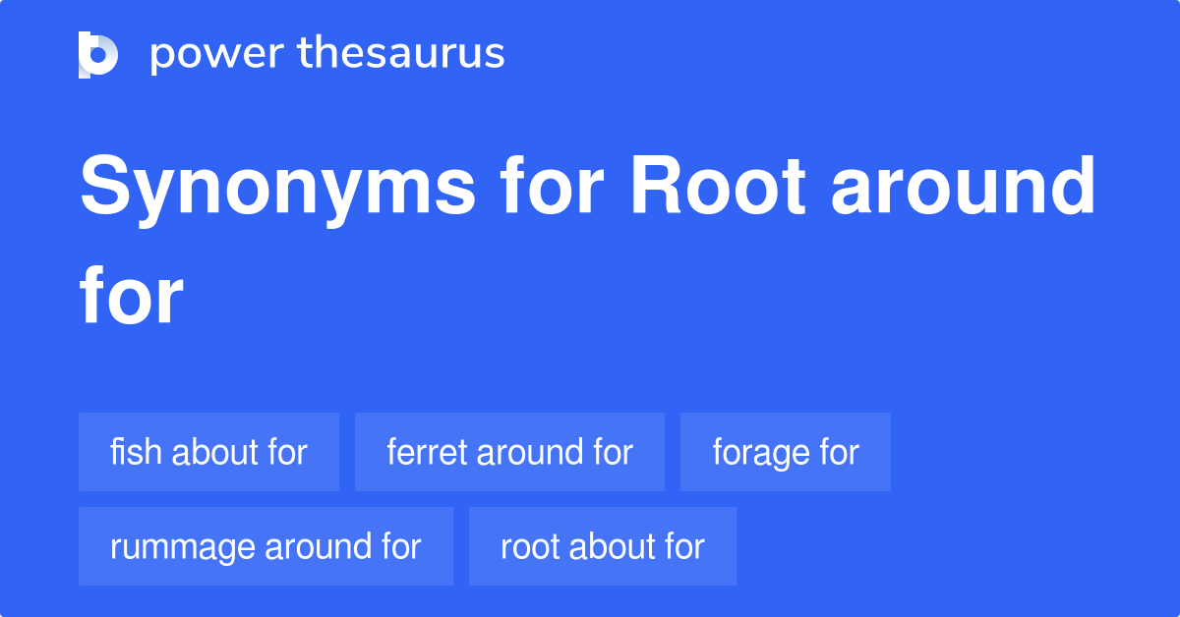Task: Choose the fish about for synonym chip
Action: click(208, 452)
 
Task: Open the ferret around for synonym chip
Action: click(509, 452)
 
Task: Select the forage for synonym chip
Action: click(785, 452)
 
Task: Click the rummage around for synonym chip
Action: click(265, 546)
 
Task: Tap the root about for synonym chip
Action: click(602, 546)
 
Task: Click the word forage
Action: click(759, 453)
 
